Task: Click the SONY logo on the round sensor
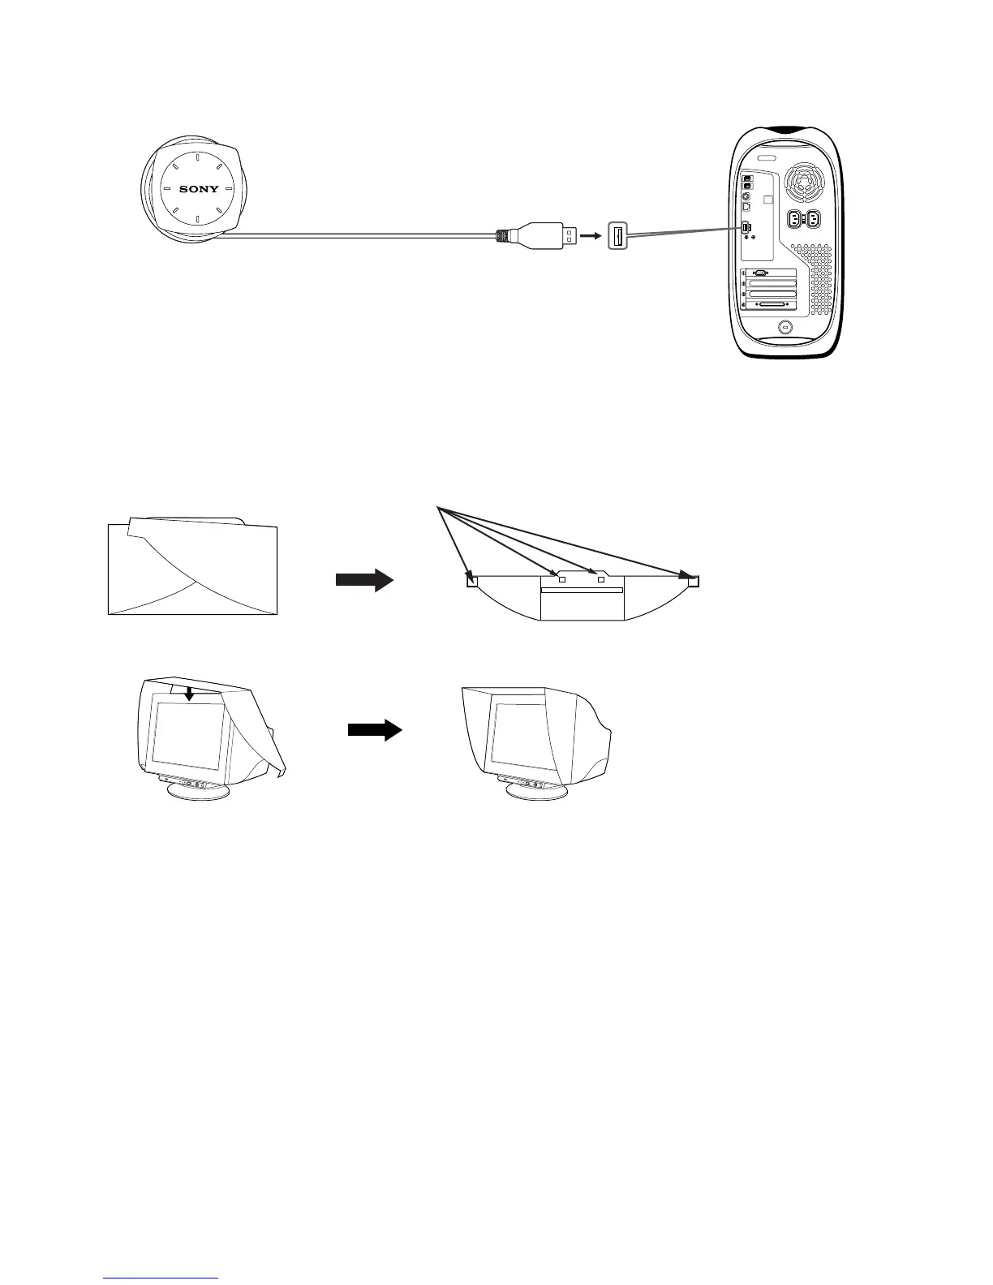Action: (199, 189)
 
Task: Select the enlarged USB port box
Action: (617, 236)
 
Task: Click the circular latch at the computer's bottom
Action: (785, 328)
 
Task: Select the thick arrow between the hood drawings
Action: (364, 580)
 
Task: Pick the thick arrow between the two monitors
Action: (375, 730)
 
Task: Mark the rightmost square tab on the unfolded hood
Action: (693, 580)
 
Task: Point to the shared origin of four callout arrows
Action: (438, 508)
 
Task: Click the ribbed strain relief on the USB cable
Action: (504, 236)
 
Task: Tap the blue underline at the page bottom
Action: (161, 1278)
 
